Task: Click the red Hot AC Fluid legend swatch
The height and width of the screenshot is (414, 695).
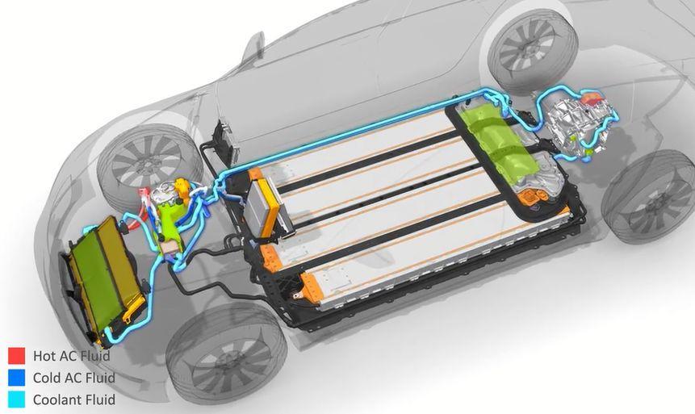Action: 16,355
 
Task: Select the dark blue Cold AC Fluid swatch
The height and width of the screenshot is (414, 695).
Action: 16,378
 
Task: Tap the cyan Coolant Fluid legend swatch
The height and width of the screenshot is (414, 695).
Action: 16,399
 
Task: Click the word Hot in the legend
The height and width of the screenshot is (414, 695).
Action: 44,355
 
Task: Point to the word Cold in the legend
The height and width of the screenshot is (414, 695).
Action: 47,378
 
